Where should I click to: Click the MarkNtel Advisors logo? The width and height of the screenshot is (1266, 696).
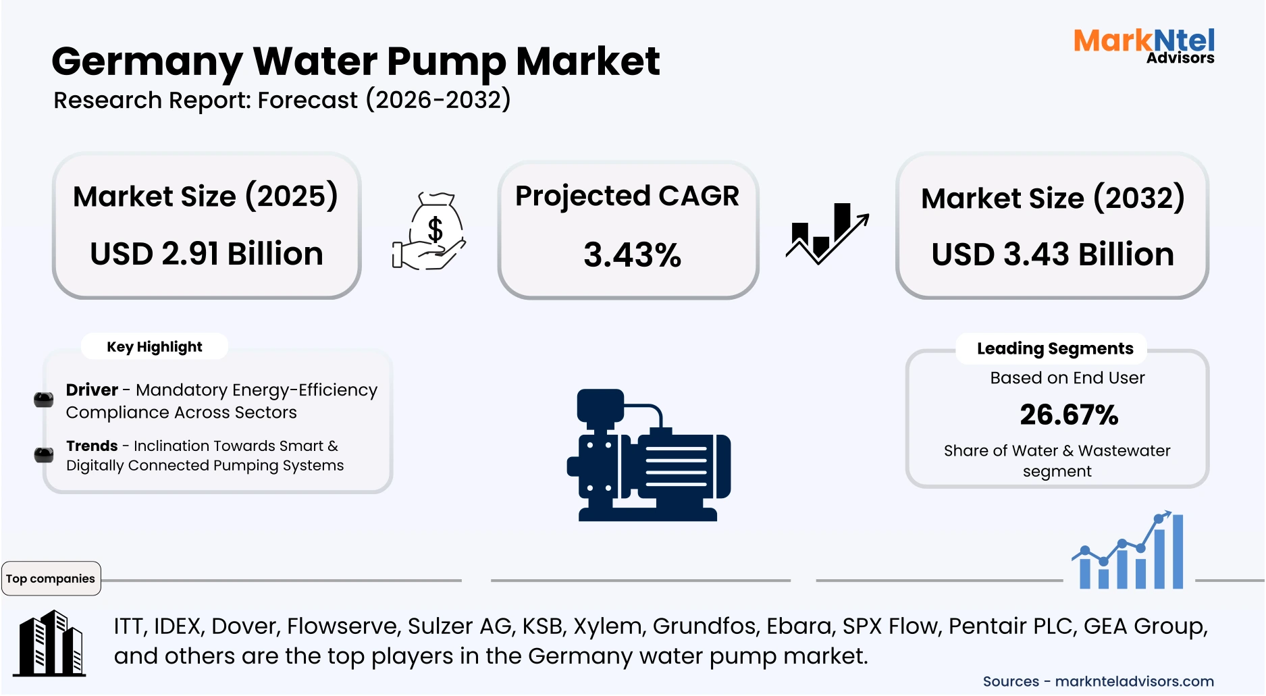pyautogui.click(x=1144, y=45)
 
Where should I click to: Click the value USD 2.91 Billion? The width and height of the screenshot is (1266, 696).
pyautogui.click(x=207, y=255)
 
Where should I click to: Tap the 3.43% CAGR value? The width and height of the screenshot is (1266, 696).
pyautogui.click(x=632, y=255)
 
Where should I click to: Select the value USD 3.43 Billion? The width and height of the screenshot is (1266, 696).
pyautogui.click(x=1053, y=255)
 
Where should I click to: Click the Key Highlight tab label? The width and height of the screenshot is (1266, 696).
pyautogui.click(x=154, y=347)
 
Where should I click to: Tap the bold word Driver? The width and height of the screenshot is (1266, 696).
pyautogui.click(x=92, y=390)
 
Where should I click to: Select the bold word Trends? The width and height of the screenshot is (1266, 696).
pyautogui.click(x=92, y=446)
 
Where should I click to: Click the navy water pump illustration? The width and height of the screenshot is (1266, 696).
pyautogui.click(x=648, y=456)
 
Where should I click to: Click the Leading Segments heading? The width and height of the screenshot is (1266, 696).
pyautogui.click(x=1055, y=349)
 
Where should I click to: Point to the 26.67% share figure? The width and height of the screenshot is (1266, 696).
pyautogui.click(x=1069, y=414)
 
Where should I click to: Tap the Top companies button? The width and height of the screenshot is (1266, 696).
pyautogui.click(x=51, y=579)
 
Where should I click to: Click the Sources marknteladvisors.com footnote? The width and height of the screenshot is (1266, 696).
pyautogui.click(x=1098, y=681)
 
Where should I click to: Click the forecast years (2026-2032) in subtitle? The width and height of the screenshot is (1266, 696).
pyautogui.click(x=438, y=100)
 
